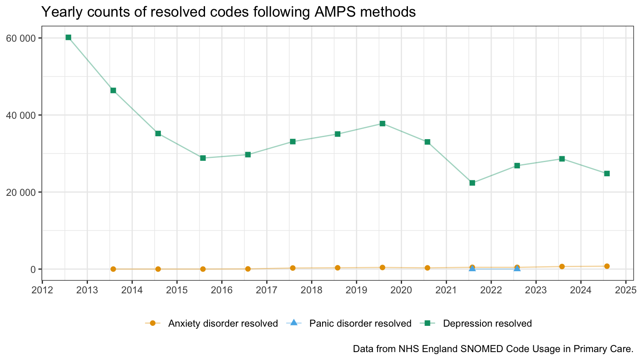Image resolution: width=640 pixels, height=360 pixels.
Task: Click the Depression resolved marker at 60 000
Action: pyautogui.click(x=68, y=37)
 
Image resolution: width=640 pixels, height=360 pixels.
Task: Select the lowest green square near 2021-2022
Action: pyautogui.click(x=472, y=183)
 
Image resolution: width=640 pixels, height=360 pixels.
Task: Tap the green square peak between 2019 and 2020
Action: pyautogui.click(x=382, y=124)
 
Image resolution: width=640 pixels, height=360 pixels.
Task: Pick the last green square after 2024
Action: pyautogui.click(x=607, y=173)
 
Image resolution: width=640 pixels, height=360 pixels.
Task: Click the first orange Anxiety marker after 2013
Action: pyautogui.click(x=113, y=269)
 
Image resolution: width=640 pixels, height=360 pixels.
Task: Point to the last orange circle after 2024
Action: pyautogui.click(x=607, y=266)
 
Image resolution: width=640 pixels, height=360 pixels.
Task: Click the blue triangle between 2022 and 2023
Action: pyautogui.click(x=517, y=268)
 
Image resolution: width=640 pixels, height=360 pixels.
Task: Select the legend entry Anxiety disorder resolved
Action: pyautogui.click(x=223, y=323)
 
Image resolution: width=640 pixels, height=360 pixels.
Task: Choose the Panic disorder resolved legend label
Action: pyautogui.click(x=360, y=323)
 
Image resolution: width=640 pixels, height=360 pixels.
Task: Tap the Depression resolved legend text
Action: pyautogui.click(x=487, y=323)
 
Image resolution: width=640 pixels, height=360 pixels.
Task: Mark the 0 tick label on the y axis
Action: pyautogui.click(x=33, y=269)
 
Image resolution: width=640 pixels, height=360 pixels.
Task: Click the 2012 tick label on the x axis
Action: pyautogui.click(x=42, y=290)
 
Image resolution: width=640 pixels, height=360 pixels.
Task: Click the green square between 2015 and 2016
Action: pyautogui.click(x=203, y=158)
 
